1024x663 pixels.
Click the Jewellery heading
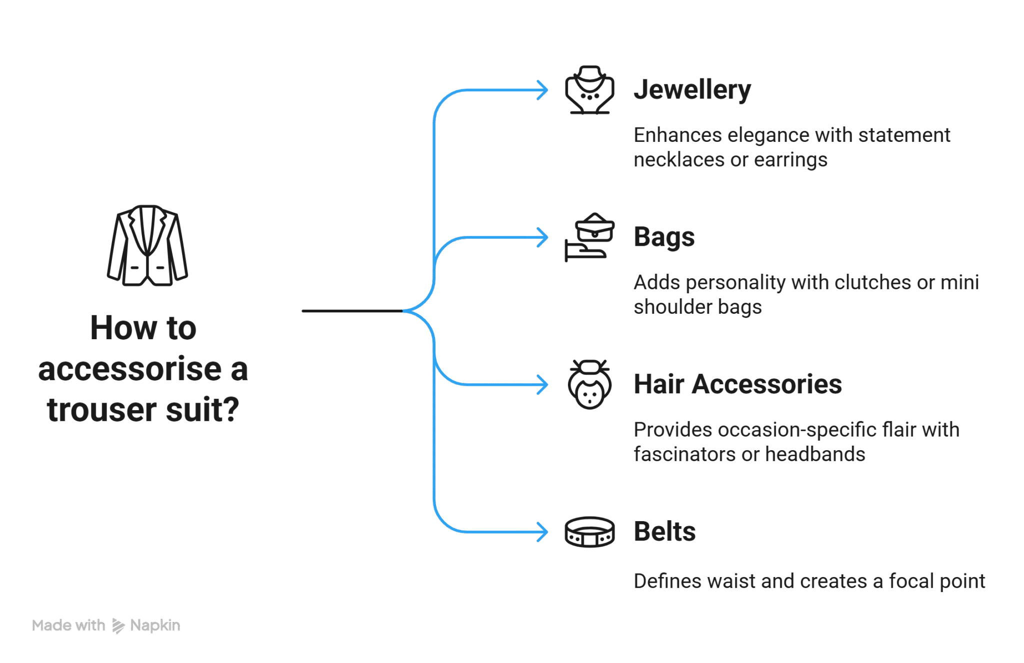point(692,90)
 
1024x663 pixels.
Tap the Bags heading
point(664,237)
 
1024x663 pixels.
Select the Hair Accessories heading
point(737,385)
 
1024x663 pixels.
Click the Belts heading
point(664,532)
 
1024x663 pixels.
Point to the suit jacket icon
point(147,245)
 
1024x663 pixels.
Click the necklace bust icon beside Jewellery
point(589,90)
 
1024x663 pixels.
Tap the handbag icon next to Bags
point(589,237)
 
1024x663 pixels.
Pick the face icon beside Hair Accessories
point(589,385)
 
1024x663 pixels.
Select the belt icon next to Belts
point(589,532)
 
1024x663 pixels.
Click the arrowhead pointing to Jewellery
point(543,90)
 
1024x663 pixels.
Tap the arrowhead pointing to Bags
point(543,237)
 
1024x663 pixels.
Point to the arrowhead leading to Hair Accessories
point(543,385)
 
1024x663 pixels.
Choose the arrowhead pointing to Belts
point(543,532)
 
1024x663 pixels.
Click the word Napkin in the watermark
point(155,626)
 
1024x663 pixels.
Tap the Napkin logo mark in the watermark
point(118,626)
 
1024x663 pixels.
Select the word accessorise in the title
point(129,370)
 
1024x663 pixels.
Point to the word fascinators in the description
point(683,455)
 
